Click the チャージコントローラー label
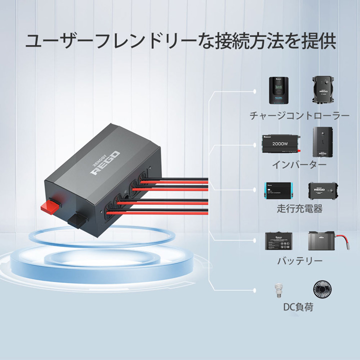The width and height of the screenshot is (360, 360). [x=299, y=116]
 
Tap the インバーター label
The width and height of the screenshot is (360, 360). [x=299, y=164]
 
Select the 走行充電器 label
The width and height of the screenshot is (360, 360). [x=299, y=209]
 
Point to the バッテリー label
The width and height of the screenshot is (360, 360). [x=299, y=260]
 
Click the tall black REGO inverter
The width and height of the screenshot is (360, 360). [x=323, y=142]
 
